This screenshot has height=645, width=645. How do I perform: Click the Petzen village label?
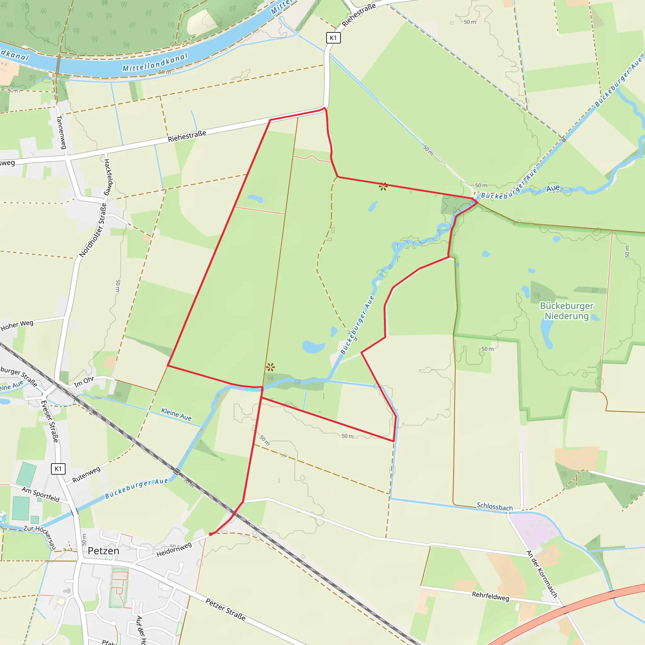tap(104, 551)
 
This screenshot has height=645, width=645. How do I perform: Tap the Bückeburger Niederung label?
tap(567, 311)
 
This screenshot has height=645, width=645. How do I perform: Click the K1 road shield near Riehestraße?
tap(333, 38)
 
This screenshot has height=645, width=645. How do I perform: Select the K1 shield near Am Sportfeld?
tap(58, 469)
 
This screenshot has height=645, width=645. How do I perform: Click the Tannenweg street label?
tap(61, 132)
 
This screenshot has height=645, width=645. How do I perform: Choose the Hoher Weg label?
tap(17, 325)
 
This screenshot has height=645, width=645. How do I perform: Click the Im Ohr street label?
tap(84, 382)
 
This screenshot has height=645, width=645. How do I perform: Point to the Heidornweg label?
tap(174, 550)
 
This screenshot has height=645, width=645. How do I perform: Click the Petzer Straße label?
tap(225, 610)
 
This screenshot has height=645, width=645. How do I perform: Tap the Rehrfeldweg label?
tap(490, 596)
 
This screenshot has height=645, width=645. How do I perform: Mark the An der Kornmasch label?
tap(542, 574)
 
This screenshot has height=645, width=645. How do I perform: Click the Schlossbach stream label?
tap(494, 506)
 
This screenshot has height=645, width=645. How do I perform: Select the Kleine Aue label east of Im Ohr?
tap(176, 414)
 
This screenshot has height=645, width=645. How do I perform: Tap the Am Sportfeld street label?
tap(40, 494)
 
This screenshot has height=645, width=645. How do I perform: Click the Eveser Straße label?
tap(49, 421)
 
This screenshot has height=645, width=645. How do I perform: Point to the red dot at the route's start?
tap(211, 534)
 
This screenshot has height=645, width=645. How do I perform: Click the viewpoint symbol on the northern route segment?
tap(383, 187)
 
